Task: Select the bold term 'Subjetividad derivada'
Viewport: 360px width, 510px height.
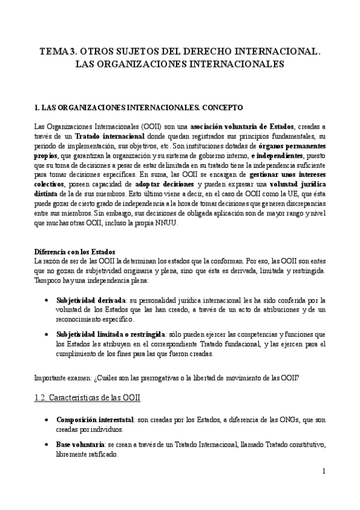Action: [x=91, y=300]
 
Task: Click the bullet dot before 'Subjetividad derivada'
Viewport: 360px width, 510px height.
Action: [x=47, y=300]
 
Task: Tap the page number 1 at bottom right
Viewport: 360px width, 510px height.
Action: [x=323, y=472]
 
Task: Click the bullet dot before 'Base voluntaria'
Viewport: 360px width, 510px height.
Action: [x=47, y=444]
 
